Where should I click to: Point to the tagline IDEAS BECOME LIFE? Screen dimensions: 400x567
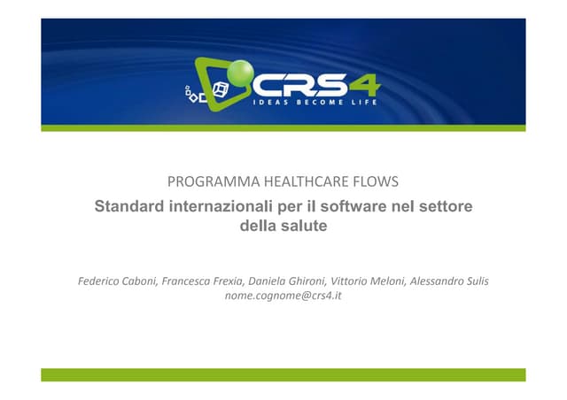coord(315,103)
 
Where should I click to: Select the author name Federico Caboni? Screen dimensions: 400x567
coord(115,281)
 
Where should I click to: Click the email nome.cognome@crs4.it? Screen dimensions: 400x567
coord(283,296)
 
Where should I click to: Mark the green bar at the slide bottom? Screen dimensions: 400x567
coord(283,374)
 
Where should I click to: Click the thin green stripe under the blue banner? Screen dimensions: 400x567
coord(283,128)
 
